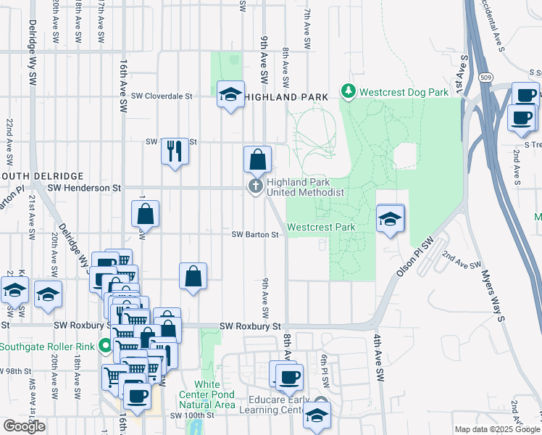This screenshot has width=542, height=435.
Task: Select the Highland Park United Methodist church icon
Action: tap(255, 187)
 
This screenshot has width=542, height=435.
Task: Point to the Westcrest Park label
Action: tap(321, 227)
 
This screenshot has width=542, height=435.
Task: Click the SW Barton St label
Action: tap(255, 235)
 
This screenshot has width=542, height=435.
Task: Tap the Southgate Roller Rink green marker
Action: tap(107, 347)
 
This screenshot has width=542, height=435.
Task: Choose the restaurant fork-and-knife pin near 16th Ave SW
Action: tap(174, 151)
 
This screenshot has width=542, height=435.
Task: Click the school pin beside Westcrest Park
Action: tap(390, 219)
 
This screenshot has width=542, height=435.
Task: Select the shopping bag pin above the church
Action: tap(257, 158)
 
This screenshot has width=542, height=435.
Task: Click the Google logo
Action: tap(24, 426)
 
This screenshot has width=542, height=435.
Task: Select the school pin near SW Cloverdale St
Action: tap(231, 94)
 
